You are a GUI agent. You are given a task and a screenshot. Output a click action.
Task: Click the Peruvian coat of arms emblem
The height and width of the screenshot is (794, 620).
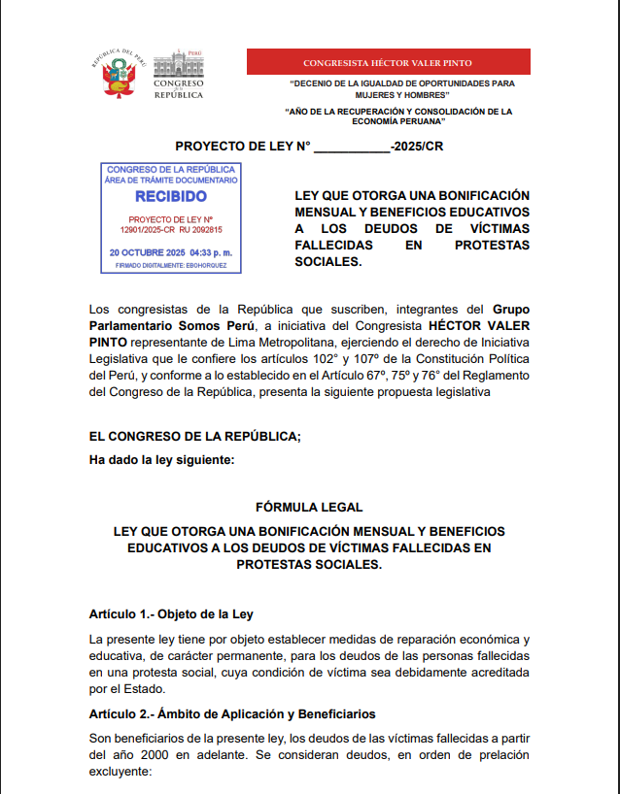pos(116,75)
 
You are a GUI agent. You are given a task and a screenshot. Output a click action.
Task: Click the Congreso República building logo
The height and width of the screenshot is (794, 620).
pos(178,74)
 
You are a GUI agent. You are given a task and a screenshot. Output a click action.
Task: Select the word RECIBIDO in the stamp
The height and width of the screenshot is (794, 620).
pos(170,196)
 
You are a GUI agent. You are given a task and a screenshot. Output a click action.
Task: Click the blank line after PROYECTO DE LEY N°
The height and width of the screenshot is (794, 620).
pos(351,147)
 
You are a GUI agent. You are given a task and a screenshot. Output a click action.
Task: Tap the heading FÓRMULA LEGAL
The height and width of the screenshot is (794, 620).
pos(309,507)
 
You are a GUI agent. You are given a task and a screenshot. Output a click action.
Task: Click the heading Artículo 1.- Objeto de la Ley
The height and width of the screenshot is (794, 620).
pos(171,614)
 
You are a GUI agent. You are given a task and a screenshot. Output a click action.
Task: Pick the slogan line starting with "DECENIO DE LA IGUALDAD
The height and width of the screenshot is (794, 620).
pos(402,83)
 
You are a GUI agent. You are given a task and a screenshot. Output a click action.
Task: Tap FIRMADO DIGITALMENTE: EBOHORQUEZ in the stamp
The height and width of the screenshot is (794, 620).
pos(170,264)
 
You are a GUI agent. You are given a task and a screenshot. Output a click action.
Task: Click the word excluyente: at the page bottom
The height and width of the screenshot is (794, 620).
pos(121,772)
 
